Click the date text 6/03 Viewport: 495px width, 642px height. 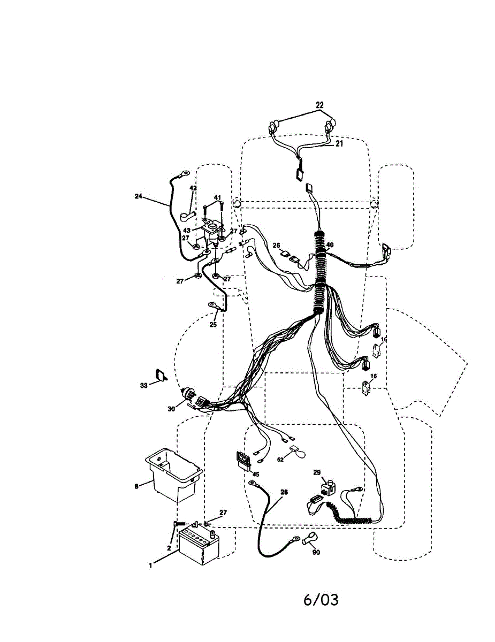pos(321,600)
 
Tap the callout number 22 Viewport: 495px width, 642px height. pos(319,105)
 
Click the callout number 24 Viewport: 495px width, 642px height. pos(138,196)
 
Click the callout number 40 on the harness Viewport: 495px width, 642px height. pos(330,245)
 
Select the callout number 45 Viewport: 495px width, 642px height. pos(256,474)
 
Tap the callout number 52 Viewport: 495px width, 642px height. pos(280,460)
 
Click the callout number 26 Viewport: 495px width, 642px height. pos(276,246)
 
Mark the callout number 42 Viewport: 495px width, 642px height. pos(193,188)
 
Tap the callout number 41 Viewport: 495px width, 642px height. pos(217,198)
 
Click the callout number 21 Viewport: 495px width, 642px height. pos(339,144)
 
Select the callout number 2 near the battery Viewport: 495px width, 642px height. pos(169,548)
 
